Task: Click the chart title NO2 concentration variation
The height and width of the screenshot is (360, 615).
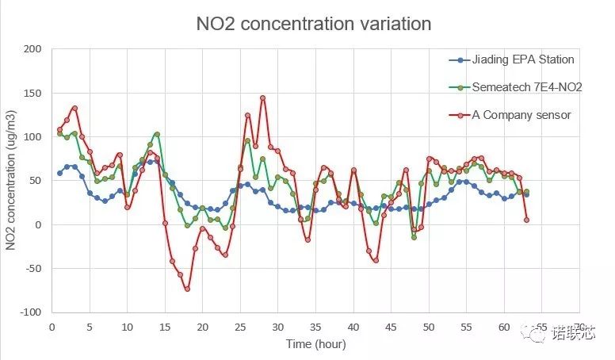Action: pos(313,24)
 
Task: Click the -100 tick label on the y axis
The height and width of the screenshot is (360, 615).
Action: pos(29,312)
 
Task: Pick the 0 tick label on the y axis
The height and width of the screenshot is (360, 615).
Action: pos(37,225)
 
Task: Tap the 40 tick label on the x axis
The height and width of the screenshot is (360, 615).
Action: pos(353,326)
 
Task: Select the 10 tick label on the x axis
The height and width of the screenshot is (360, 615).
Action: pos(127,326)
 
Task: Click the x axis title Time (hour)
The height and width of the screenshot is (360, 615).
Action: pos(315,344)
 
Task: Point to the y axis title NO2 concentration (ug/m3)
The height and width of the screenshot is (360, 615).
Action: pos(12,182)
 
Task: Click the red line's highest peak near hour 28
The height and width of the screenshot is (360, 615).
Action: pos(262,98)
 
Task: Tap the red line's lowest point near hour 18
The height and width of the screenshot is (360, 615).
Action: pos(187,289)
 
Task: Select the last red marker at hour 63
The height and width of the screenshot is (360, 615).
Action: pos(526,220)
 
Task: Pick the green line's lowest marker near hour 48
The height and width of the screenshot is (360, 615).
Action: pos(414,237)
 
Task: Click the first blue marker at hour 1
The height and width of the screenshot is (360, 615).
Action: pos(59,173)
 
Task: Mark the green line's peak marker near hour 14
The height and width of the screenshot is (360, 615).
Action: pos(157,134)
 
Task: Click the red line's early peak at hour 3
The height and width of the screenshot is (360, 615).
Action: pos(74,108)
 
